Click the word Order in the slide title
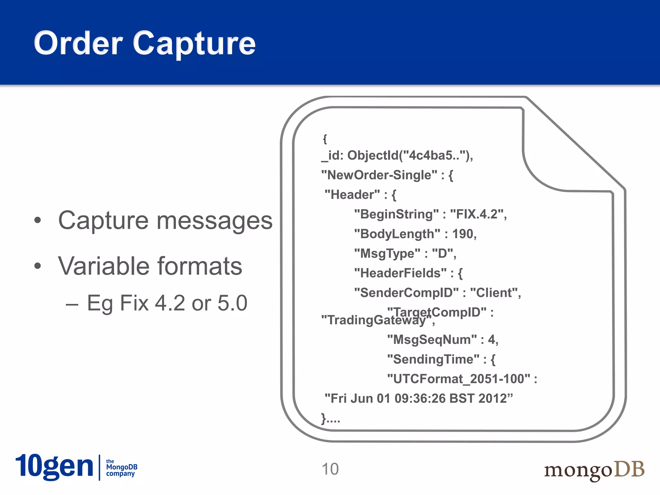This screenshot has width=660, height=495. (x=78, y=43)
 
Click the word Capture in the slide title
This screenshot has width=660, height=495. (x=194, y=44)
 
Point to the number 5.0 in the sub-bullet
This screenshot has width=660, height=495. (x=232, y=303)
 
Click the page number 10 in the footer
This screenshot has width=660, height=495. (x=330, y=469)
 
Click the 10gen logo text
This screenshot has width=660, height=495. (x=54, y=467)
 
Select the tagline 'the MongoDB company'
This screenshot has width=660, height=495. (x=121, y=468)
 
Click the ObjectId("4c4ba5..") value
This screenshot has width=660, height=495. (x=410, y=156)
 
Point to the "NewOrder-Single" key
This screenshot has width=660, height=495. (x=380, y=175)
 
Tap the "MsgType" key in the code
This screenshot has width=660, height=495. (x=387, y=254)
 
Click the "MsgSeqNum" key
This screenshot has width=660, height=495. (x=432, y=340)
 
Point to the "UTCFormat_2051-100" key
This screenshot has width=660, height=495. (x=459, y=379)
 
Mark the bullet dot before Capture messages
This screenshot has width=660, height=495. (x=38, y=220)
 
